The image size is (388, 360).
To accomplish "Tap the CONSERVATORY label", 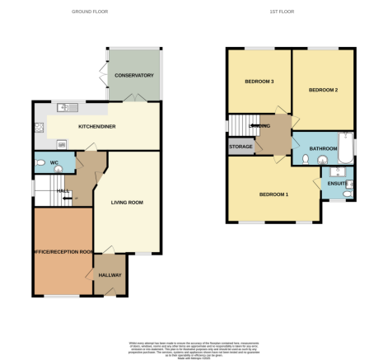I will (134, 76).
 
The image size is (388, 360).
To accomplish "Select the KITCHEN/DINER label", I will (97, 128).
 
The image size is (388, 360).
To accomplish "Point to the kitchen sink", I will (65, 107).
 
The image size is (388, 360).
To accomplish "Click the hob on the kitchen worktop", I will (39, 128).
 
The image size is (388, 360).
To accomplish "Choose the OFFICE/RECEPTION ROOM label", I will (63, 250).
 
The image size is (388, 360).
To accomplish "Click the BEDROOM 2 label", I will (323, 89).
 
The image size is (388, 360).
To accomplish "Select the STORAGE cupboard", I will (241, 147).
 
